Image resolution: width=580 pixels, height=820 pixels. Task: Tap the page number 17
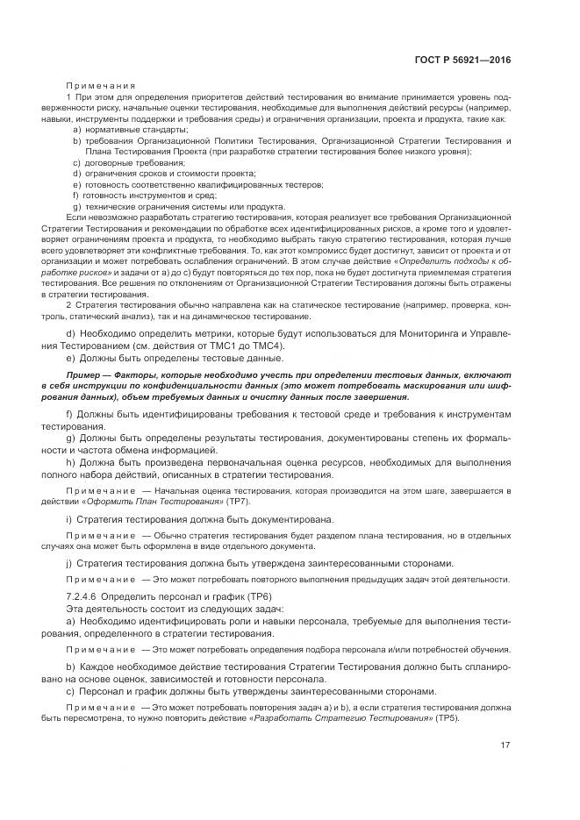[x=505, y=745]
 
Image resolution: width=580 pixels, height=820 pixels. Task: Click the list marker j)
[x=68, y=562]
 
